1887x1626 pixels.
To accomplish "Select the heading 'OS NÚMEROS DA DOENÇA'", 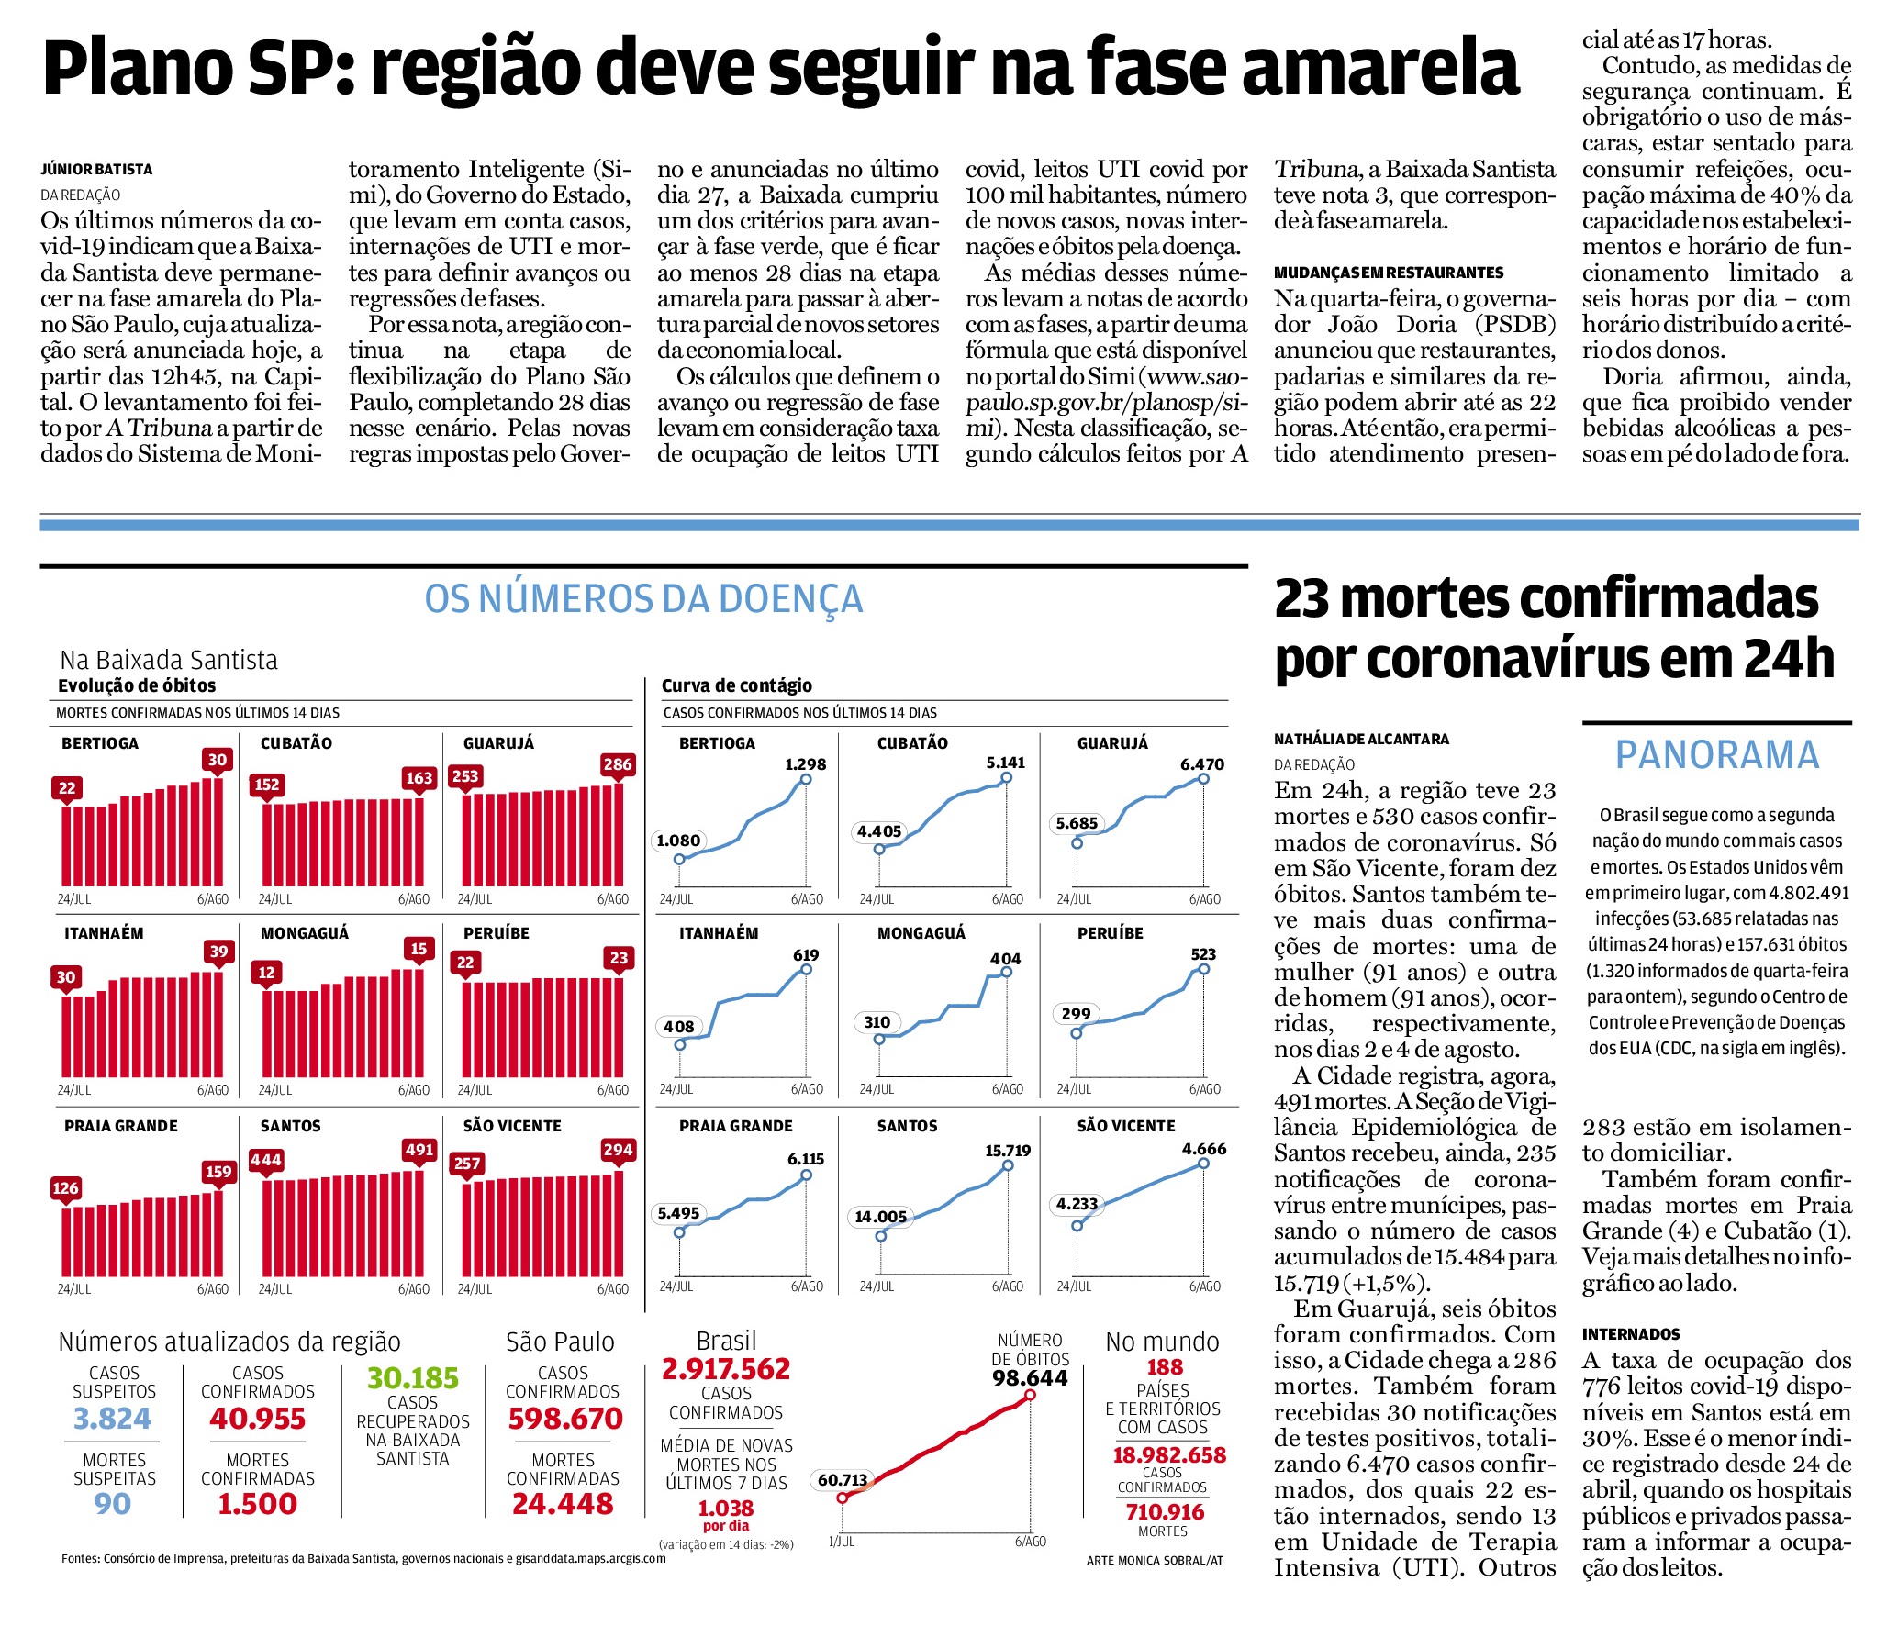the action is [x=643, y=599].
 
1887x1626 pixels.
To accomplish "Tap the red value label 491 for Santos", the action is [x=419, y=1150].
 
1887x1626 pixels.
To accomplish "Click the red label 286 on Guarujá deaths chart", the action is [x=617, y=764].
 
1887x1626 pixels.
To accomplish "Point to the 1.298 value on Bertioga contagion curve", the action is [x=805, y=764].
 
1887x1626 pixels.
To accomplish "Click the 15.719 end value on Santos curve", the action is [x=1008, y=1151].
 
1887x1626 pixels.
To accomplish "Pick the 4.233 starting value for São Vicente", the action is [x=1077, y=1204].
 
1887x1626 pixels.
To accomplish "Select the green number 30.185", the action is [x=412, y=1378].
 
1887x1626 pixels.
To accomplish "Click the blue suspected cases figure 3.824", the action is [x=112, y=1420].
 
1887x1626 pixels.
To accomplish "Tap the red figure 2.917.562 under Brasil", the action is [x=726, y=1369].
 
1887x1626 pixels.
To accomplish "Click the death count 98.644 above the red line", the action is [x=1030, y=1378].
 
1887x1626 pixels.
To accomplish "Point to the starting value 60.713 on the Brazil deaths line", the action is [x=843, y=1480].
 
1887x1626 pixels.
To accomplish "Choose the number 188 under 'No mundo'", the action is [x=1165, y=1367].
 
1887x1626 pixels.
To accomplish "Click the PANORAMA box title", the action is [x=1717, y=755].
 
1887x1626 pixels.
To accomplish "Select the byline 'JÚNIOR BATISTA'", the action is [x=96, y=169].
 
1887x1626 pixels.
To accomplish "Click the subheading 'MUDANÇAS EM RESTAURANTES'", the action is [x=1389, y=273].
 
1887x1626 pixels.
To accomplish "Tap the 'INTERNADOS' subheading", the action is [x=1631, y=1334].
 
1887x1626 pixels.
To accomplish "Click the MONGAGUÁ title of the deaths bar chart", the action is [x=305, y=933].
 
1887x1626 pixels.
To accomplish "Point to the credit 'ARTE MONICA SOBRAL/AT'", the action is [x=1155, y=1560].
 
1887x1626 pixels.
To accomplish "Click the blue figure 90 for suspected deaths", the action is [x=112, y=1504].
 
